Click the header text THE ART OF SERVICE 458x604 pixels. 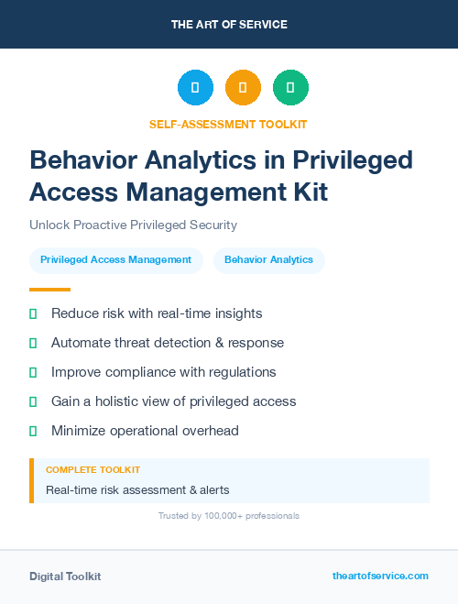click(x=229, y=25)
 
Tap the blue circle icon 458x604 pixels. click(x=195, y=88)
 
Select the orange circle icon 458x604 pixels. click(x=243, y=88)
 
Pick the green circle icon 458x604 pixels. click(x=290, y=88)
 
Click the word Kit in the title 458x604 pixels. click(x=307, y=192)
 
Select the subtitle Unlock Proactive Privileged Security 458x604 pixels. click(x=134, y=225)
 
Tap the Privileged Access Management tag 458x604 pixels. click(x=115, y=260)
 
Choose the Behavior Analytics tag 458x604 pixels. click(x=268, y=260)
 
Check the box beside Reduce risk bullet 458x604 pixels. click(x=33, y=313)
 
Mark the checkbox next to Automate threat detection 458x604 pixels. click(x=33, y=343)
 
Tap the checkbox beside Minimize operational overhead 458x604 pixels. click(x=33, y=431)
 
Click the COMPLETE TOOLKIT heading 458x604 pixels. click(x=93, y=470)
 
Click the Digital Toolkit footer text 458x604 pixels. click(x=65, y=577)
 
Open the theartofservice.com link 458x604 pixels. click(x=380, y=577)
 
